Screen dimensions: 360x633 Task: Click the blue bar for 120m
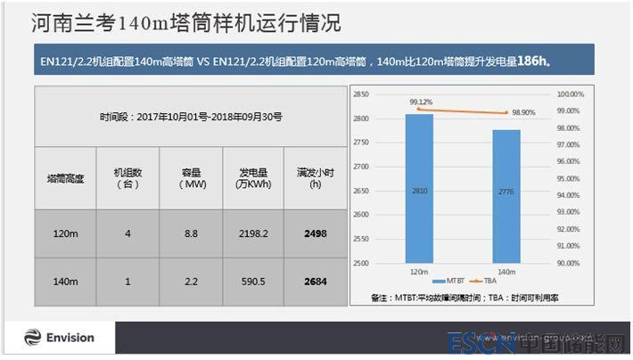click(419, 188)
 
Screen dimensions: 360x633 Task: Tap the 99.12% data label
click(421, 102)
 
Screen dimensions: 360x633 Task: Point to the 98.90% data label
click(519, 113)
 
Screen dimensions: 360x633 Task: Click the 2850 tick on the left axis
click(360, 94)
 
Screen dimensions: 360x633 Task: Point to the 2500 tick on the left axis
click(360, 263)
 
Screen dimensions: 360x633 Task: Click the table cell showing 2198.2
click(254, 233)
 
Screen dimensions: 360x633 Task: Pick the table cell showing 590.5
click(254, 282)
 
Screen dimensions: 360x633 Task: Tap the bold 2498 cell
click(315, 233)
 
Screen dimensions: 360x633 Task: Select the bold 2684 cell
click(315, 282)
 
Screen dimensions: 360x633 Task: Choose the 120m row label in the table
click(65, 233)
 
